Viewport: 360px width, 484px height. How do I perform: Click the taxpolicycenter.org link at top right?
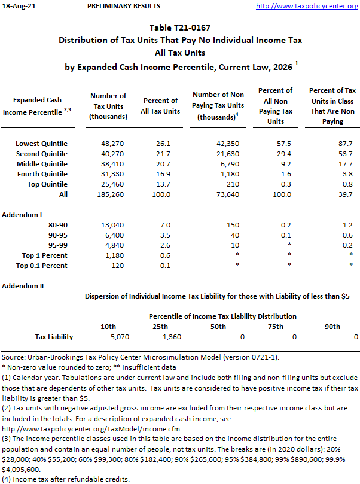click(x=307, y=6)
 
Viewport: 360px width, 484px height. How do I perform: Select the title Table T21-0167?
click(x=180, y=28)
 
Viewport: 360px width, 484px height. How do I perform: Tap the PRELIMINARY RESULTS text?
click(x=124, y=6)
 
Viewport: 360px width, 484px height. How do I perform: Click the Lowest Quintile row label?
click(x=41, y=144)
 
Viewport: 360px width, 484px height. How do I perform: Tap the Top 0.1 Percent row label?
click(x=42, y=266)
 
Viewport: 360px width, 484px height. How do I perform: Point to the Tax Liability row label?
click(x=54, y=337)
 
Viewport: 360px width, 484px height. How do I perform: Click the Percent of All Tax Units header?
click(x=161, y=106)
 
